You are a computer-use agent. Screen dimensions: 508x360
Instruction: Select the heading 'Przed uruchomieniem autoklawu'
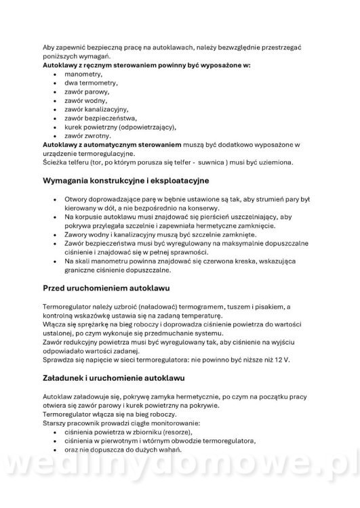(x=105, y=288)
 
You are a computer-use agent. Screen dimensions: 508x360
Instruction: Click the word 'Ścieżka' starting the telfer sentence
(x=54, y=162)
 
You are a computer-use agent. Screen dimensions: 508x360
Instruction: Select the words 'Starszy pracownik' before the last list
(x=71, y=423)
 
